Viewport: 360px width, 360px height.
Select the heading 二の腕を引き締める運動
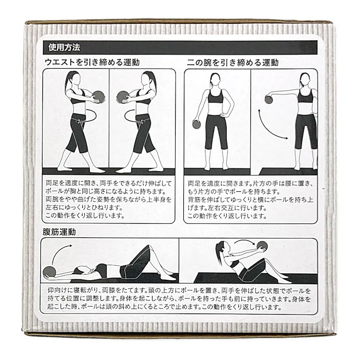click(233, 63)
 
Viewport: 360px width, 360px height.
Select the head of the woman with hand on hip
click(216, 80)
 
